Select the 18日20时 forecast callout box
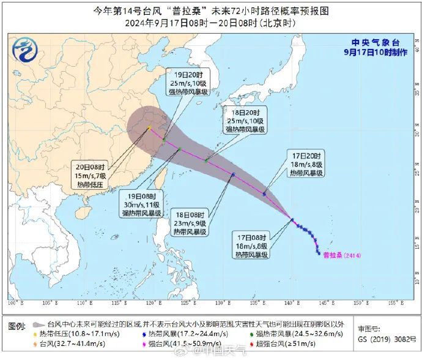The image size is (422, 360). coord(245,121)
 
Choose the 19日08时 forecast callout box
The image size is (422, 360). coord(141,204)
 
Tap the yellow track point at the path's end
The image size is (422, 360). coord(149,128)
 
